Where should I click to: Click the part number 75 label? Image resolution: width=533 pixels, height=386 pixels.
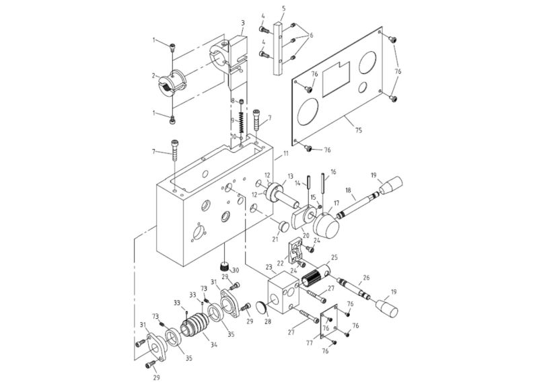tap(357, 129)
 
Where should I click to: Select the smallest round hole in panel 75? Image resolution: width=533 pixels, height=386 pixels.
tap(363, 87)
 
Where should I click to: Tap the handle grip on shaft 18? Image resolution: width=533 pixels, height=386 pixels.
tap(392, 185)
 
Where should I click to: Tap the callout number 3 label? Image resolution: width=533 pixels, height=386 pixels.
tap(242, 22)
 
